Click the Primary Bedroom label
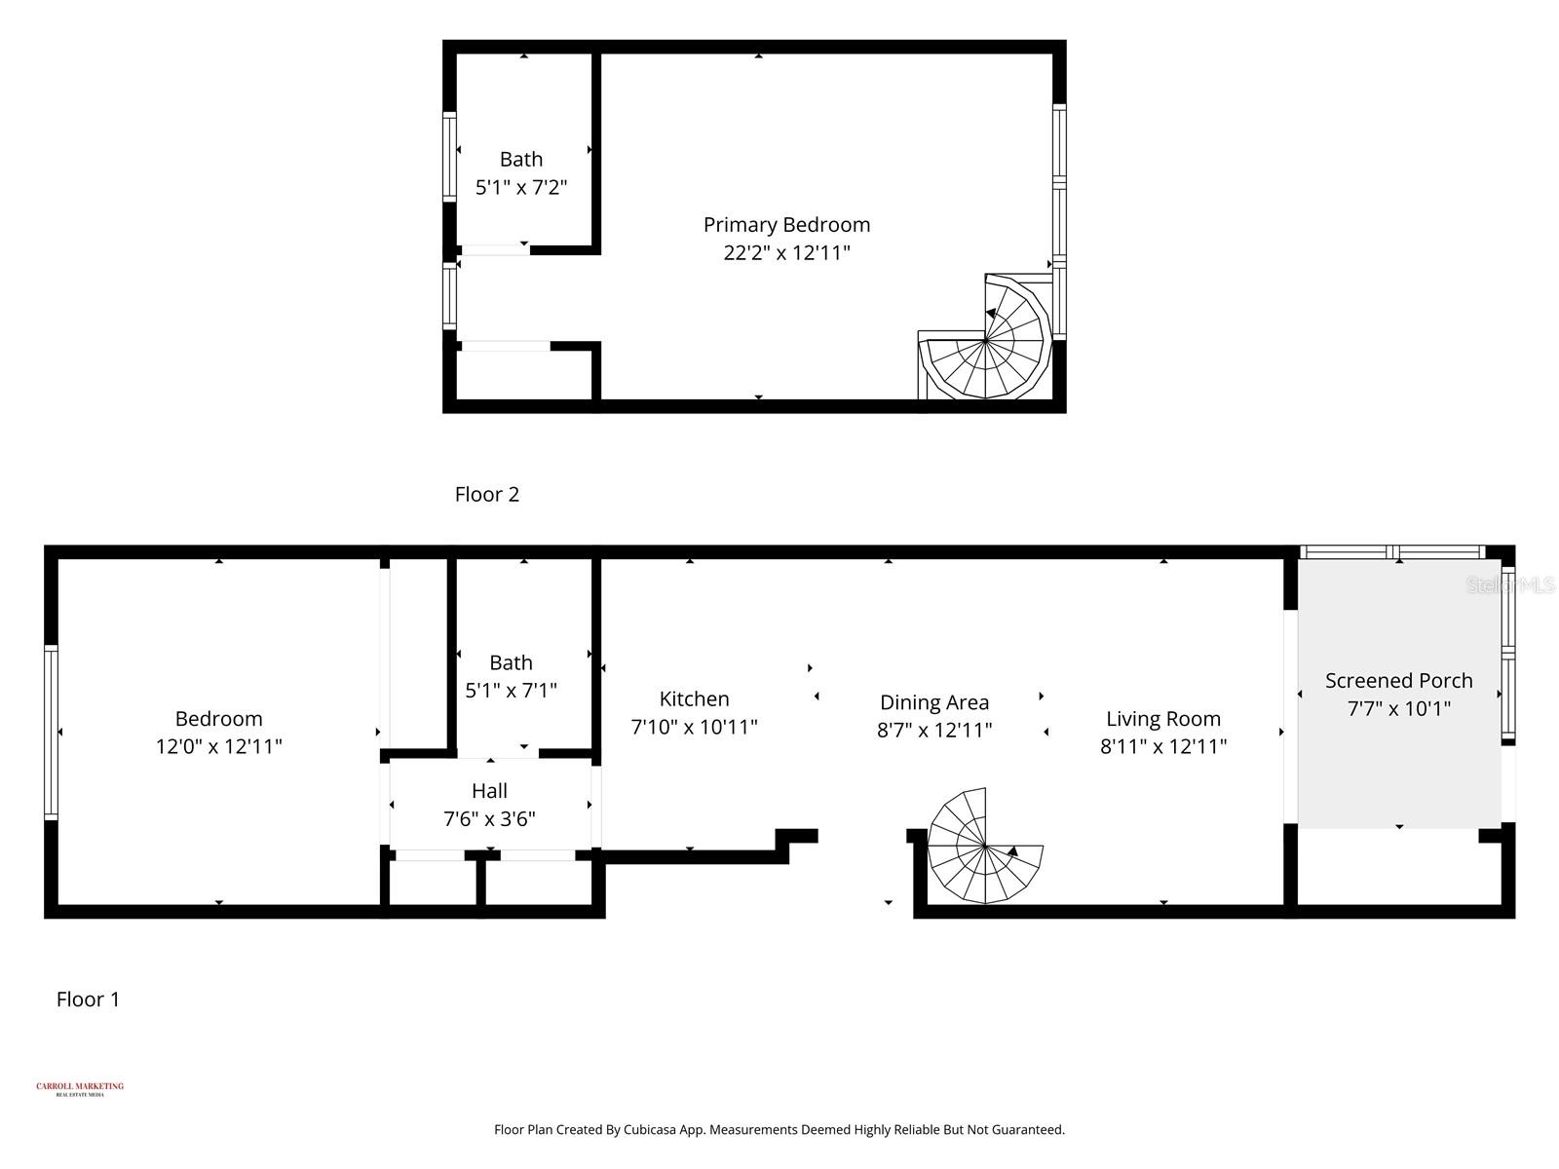click(x=786, y=225)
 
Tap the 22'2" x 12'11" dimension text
click(x=786, y=253)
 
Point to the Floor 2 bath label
click(x=521, y=160)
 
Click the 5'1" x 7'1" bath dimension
click(x=511, y=691)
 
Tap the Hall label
click(x=489, y=791)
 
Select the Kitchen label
click(x=694, y=699)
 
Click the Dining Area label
click(x=933, y=702)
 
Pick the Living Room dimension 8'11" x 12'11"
click(x=1162, y=747)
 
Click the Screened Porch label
click(x=1398, y=681)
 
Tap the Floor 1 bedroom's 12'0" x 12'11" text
click(x=218, y=747)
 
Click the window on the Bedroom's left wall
click(x=51, y=732)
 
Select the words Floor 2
click(x=487, y=495)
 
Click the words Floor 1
click(x=88, y=999)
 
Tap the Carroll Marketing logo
click(x=80, y=1088)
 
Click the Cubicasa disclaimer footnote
click(x=779, y=1130)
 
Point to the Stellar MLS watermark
click(x=1510, y=585)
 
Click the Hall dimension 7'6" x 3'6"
click(x=489, y=819)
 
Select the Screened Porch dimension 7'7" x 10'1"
click(x=1398, y=709)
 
